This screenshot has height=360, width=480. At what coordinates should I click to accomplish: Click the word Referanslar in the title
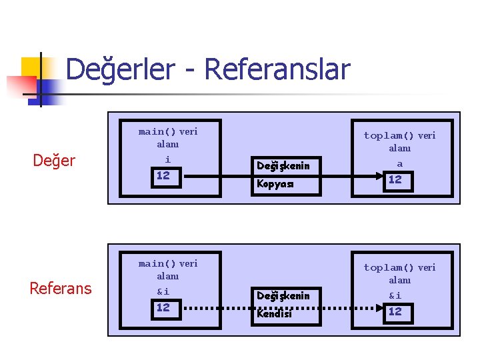[277, 69]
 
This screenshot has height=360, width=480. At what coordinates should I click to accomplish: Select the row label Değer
[55, 161]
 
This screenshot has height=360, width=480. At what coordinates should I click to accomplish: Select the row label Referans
[61, 288]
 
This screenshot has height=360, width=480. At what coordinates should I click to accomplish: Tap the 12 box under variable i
[163, 177]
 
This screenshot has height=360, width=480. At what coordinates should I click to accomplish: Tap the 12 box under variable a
[395, 179]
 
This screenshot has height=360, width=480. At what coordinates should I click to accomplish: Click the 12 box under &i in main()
[163, 308]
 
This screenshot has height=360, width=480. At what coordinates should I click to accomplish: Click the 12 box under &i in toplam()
[395, 311]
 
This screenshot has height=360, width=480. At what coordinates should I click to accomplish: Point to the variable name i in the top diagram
[167, 159]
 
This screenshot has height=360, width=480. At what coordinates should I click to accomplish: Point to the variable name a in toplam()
[400, 163]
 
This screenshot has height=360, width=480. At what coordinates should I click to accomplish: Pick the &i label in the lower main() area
[163, 291]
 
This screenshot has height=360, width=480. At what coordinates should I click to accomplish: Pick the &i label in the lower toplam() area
[395, 295]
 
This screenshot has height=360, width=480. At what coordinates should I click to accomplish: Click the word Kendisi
[275, 313]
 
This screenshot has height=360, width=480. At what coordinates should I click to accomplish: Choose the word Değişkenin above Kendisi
[283, 296]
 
